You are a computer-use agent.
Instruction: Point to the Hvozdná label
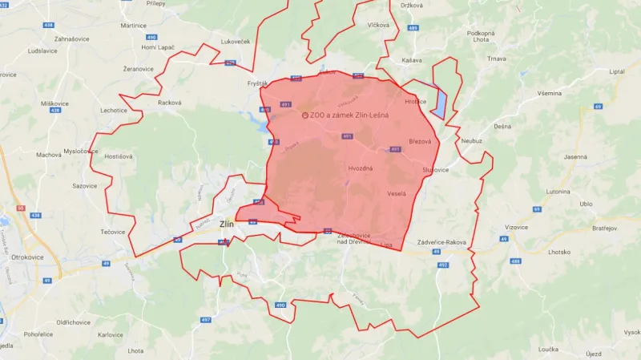pos(361,168)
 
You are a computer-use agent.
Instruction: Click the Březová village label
pos(420,141)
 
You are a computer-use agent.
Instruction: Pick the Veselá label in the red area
pos(397,193)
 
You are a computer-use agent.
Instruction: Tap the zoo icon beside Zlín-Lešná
pos(304,115)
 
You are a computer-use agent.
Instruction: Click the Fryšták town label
pos(257,83)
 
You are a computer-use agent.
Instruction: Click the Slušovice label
pos(435,170)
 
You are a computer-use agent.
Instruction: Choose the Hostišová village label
pos(119,156)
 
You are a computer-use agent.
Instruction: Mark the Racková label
pos(169,103)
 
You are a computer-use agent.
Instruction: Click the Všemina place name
pos(550,94)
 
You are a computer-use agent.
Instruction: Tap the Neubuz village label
pos(472,140)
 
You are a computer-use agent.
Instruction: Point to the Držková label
pos(412,6)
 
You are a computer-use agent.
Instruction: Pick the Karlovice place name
pos(111,334)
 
